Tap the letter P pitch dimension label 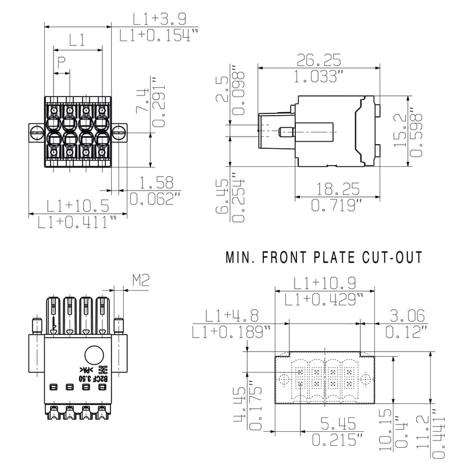tap(60, 62)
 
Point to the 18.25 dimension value tap(338, 189)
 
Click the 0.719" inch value tap(337, 205)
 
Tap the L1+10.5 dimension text tap(78, 205)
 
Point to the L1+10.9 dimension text tap(324, 284)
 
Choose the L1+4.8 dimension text tap(231, 316)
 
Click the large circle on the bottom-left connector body tap(94, 355)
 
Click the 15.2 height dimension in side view tap(402, 130)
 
